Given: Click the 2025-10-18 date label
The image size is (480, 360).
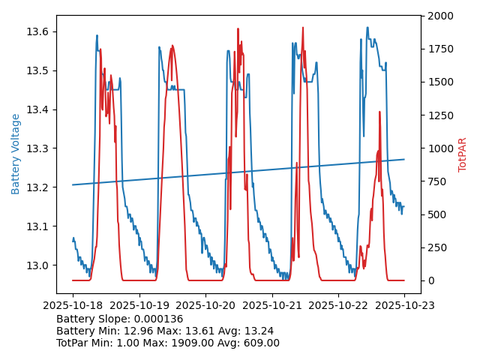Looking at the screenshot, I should (73, 305).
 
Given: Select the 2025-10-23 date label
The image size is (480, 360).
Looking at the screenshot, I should (404, 305).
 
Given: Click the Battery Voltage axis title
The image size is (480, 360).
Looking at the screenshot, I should (16, 154).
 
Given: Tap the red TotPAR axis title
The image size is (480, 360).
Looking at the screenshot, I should (463, 154).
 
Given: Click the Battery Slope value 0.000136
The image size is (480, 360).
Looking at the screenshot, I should (161, 319).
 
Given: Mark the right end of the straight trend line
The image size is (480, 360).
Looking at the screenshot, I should (404, 159).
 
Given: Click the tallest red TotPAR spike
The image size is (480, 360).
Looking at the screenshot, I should (303, 28).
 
